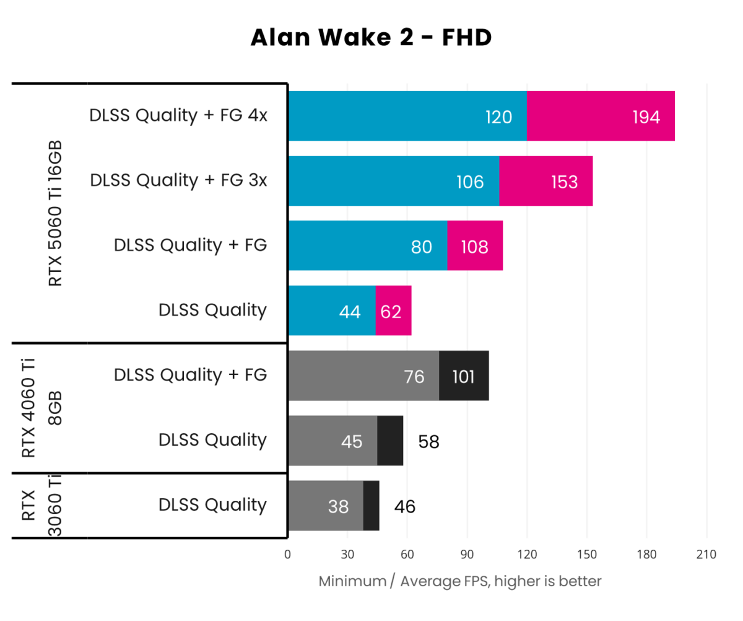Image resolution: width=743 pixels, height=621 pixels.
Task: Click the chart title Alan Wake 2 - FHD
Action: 371,38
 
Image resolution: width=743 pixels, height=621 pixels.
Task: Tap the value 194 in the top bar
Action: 646,117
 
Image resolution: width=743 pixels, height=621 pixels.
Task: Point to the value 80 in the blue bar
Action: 421,247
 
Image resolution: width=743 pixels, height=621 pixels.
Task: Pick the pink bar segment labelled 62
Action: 393,311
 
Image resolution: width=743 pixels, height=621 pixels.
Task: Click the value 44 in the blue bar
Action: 350,311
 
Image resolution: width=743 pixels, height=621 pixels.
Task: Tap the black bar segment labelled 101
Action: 464,376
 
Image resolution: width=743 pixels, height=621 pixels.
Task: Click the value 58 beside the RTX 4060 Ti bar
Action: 428,442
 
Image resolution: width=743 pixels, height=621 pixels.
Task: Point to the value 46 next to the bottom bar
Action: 405,507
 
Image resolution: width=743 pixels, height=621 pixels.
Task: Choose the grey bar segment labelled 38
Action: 326,506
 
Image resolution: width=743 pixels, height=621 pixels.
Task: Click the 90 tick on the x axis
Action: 467,554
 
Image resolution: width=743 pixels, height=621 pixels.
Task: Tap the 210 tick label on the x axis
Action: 706,554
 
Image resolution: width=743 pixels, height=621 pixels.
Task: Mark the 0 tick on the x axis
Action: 287,554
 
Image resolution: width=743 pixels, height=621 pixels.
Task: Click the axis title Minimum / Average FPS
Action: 460,581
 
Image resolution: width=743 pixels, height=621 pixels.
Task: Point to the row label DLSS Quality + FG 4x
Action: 178,116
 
